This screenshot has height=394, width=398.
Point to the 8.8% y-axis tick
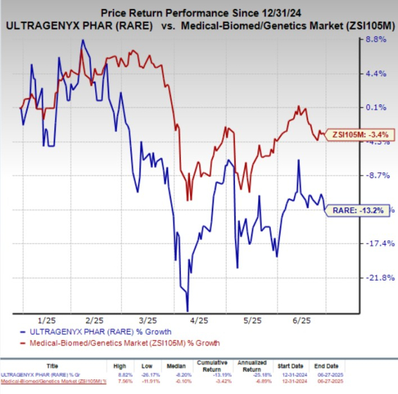click(375, 40)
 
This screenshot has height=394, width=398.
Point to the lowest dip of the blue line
click(187, 310)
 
